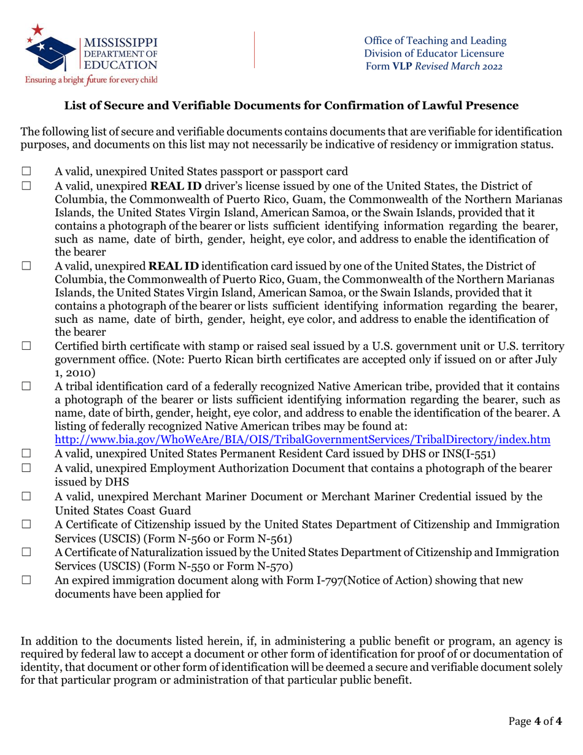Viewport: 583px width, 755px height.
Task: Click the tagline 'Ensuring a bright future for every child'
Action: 91,80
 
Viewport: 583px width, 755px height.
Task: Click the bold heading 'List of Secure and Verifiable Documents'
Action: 291,106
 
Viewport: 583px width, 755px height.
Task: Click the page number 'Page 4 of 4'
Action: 536,721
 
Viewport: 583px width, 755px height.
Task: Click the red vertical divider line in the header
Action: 255,50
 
